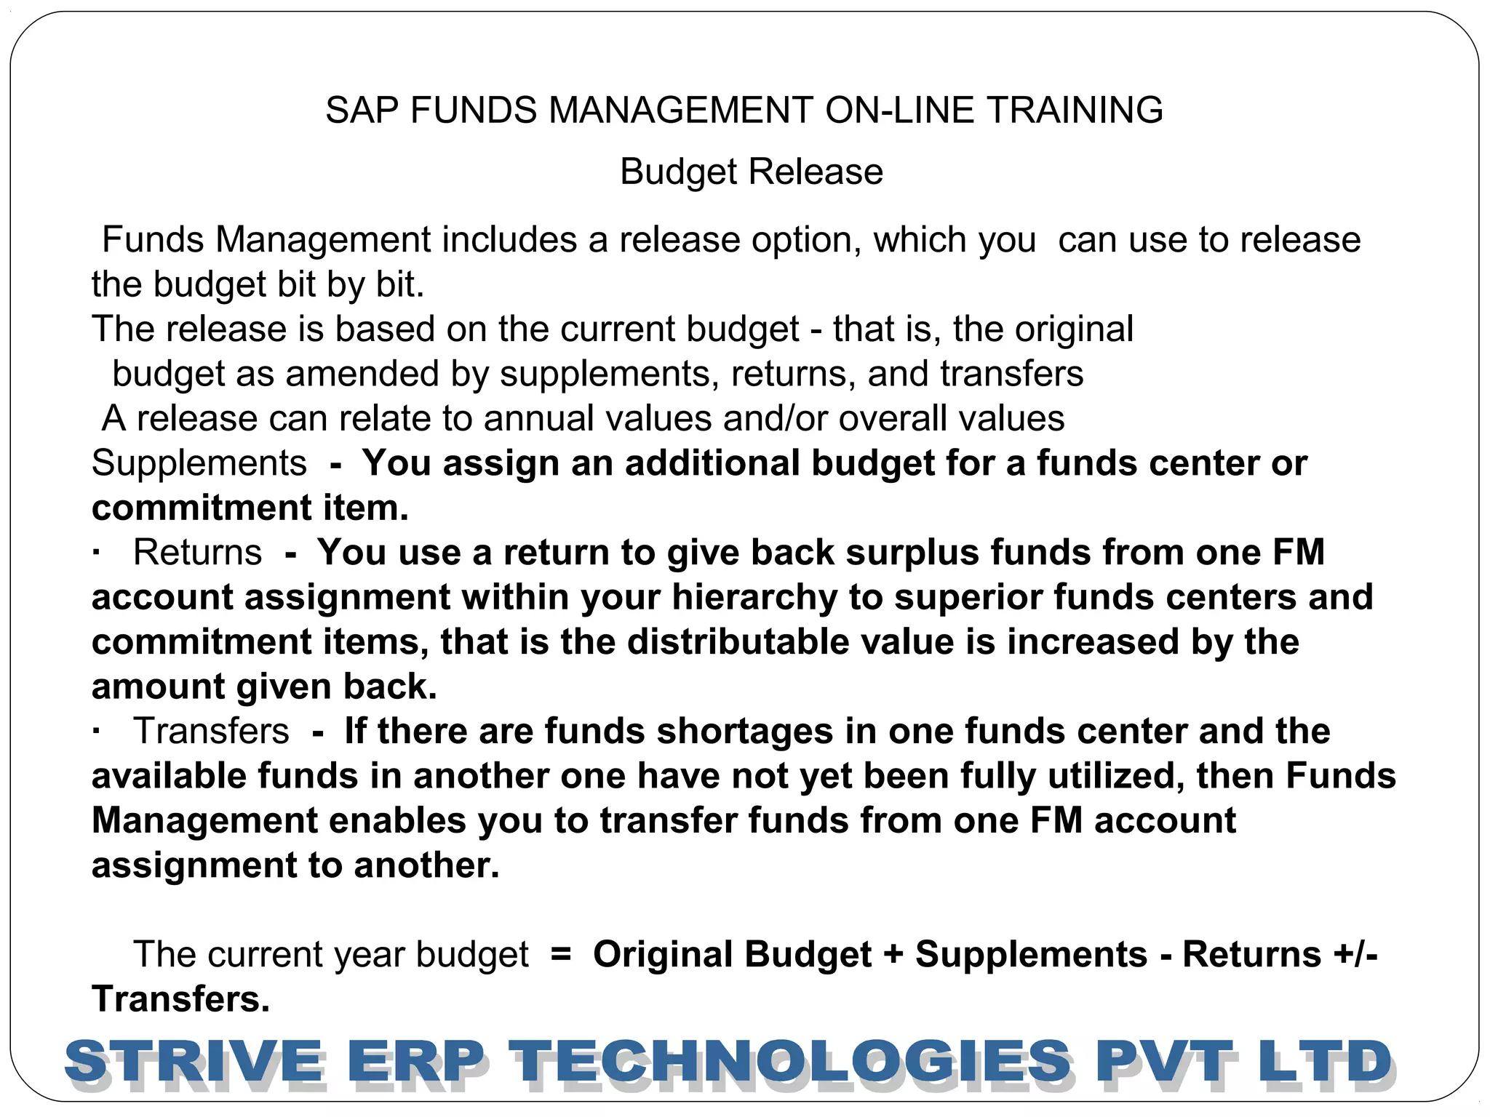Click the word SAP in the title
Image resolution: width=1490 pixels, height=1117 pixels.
pyautogui.click(x=362, y=111)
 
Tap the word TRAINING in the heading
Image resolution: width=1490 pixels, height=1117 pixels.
pyautogui.click(x=1075, y=111)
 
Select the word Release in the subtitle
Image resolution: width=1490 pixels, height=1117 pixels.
pyautogui.click(x=816, y=172)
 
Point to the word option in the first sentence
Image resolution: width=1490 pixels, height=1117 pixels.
pyautogui.click(x=806, y=241)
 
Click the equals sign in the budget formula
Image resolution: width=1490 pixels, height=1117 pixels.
pyautogui.click(x=561, y=954)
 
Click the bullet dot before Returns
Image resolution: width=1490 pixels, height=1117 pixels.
pyautogui.click(x=96, y=552)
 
